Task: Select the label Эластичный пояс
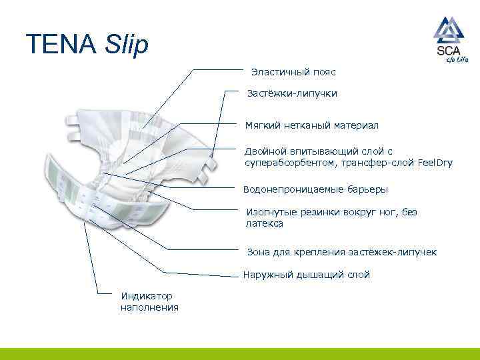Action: coord(293,71)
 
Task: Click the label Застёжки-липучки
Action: coord(292,93)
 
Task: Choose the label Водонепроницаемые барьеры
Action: coord(316,189)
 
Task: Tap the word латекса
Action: coord(265,223)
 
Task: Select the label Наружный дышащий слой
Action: coord(307,275)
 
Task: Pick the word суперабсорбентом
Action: coord(289,162)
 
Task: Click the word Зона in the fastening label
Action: coord(257,252)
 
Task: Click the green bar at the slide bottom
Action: coord(240,354)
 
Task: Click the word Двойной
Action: coord(264,151)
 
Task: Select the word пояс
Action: coord(325,71)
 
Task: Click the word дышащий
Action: coord(317,275)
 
